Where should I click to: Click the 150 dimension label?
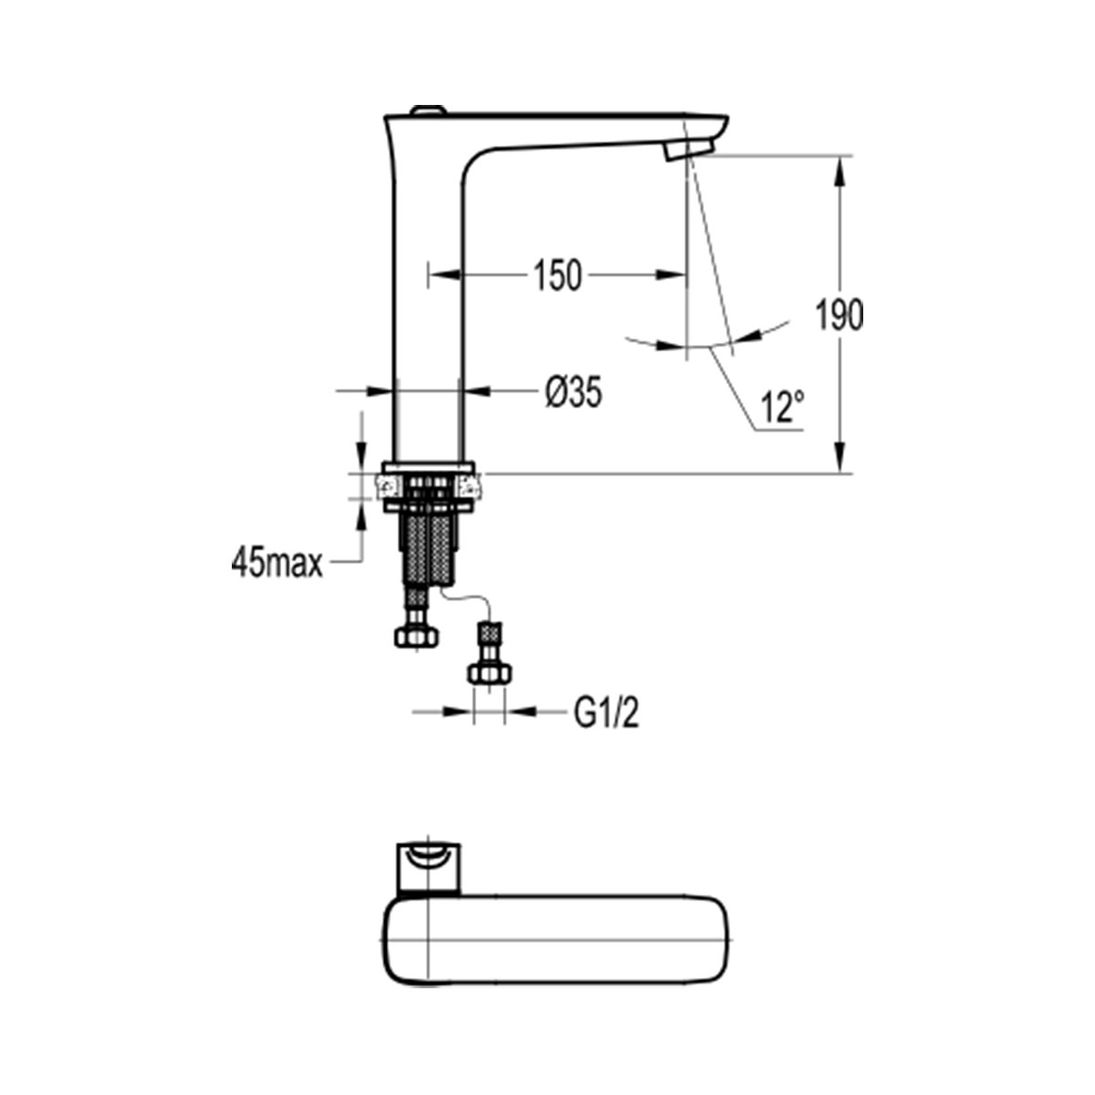[x=558, y=276]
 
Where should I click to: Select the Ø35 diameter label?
[x=573, y=392]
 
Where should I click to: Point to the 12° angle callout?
[x=782, y=406]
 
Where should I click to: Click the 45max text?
[x=276, y=564]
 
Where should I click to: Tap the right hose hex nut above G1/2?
[x=489, y=673]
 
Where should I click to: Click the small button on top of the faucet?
[x=429, y=109]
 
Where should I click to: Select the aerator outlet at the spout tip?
[x=689, y=151]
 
